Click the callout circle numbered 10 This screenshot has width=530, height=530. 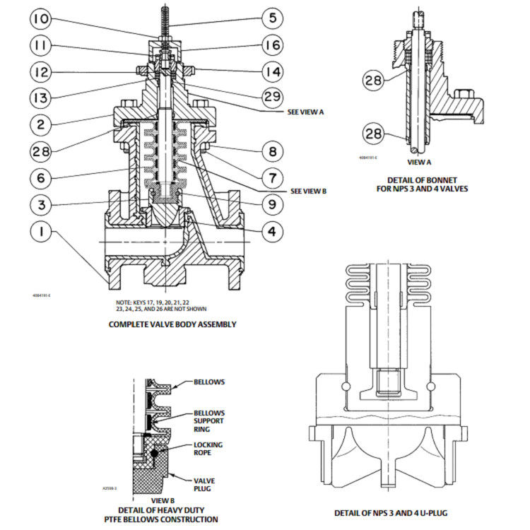pos(43,19)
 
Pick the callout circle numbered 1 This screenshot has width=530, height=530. pos(43,231)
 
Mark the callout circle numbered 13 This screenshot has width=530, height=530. pos(43,98)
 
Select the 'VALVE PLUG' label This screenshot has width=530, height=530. pos(204,484)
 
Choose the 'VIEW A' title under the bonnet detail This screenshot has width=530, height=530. pos(416,162)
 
